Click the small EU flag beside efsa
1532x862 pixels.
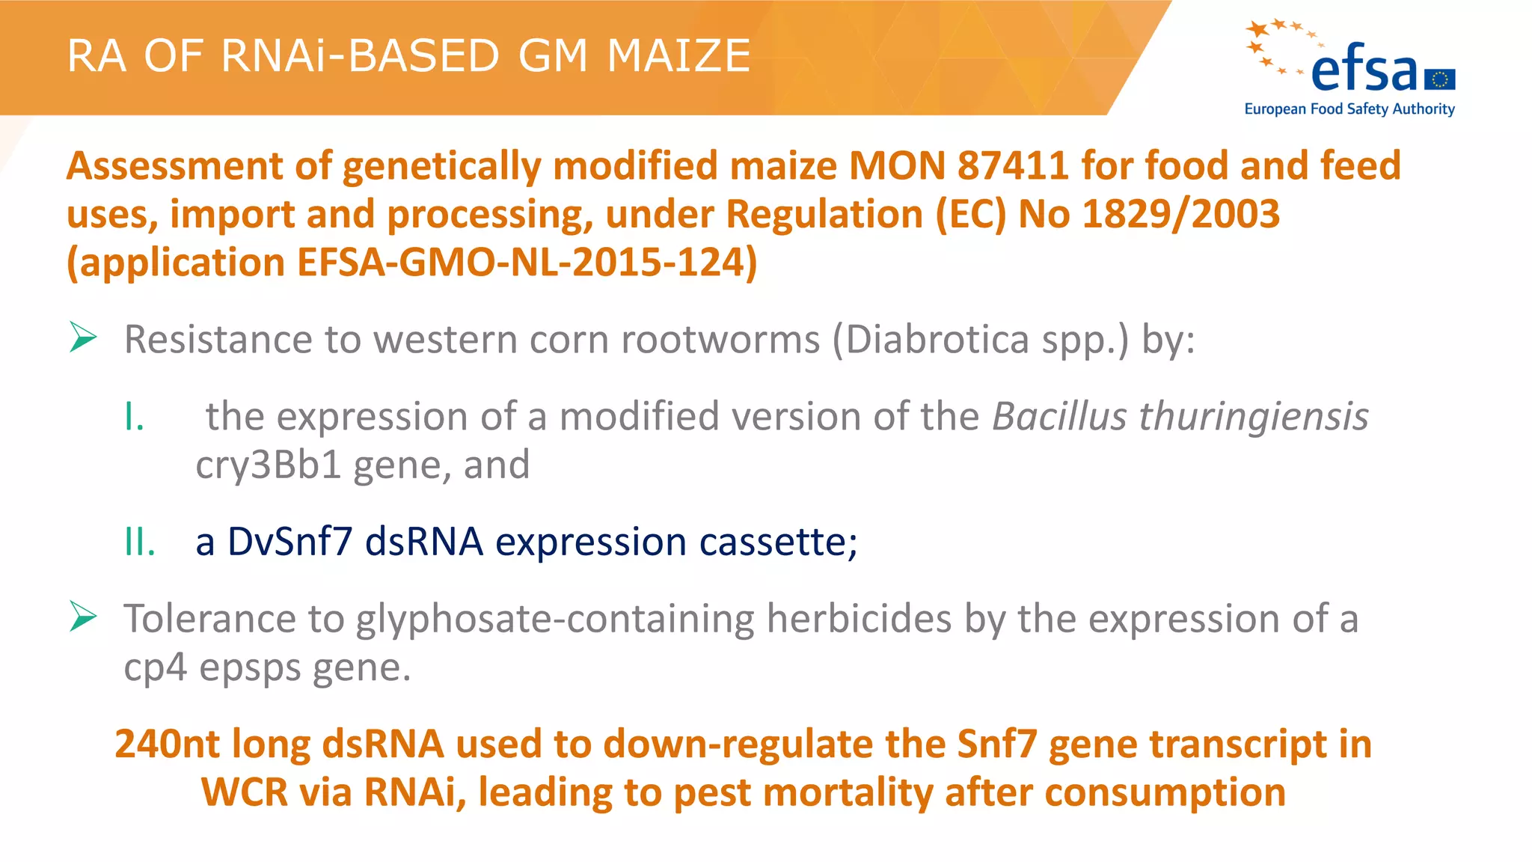point(1440,79)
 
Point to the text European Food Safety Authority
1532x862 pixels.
point(1349,109)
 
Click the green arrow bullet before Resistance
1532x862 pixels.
point(83,337)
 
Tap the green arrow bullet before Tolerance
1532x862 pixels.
point(83,617)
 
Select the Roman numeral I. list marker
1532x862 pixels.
point(134,417)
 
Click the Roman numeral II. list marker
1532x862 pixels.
point(140,542)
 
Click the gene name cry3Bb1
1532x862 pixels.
point(268,465)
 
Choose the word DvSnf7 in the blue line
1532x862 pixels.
point(289,542)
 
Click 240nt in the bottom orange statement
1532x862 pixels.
point(167,745)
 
